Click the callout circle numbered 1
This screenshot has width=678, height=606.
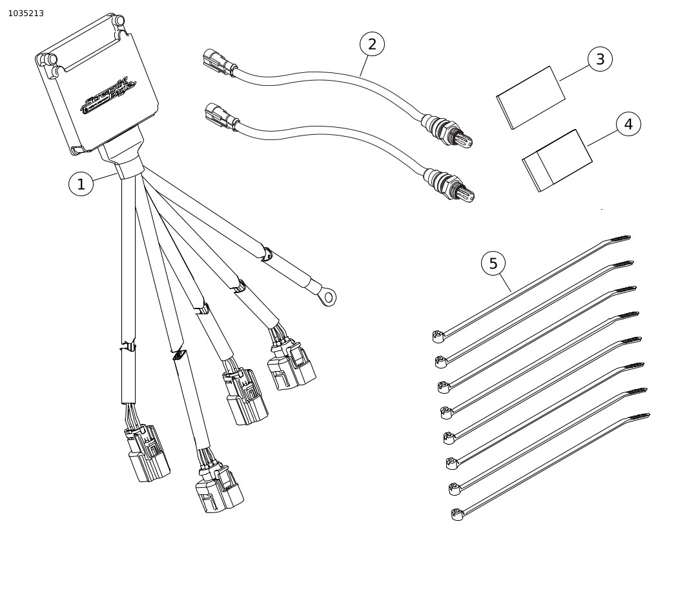[81, 185]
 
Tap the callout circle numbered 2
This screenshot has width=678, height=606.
[372, 44]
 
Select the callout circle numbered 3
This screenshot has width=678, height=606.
[600, 59]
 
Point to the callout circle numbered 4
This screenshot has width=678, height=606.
[628, 124]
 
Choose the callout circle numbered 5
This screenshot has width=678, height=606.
[493, 263]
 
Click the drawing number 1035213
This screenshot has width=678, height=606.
[26, 14]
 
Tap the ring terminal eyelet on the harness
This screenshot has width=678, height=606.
[328, 297]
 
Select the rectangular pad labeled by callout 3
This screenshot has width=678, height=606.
[531, 97]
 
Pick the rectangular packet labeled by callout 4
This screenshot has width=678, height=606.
[557, 161]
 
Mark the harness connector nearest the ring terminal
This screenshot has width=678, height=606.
[292, 365]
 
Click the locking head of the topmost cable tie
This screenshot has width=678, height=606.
[438, 336]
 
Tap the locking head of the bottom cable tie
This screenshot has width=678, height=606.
[457, 514]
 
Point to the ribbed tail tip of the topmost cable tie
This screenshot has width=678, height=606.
[621, 239]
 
